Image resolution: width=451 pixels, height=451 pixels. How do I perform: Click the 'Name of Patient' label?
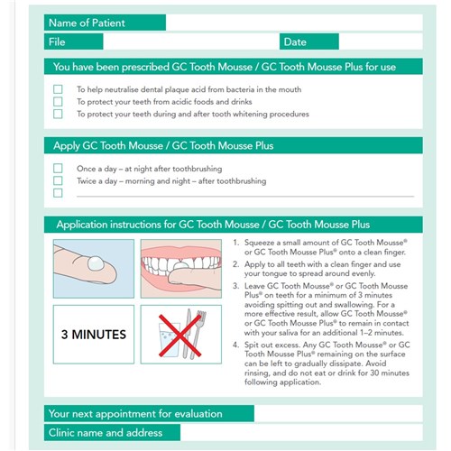click(87, 23)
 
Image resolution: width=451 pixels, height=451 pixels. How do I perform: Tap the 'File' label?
click(57, 41)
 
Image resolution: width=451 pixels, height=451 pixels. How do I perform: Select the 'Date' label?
click(295, 41)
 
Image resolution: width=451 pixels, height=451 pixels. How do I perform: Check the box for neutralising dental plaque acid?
click(58, 89)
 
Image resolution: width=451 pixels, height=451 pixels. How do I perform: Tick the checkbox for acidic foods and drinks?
click(58, 102)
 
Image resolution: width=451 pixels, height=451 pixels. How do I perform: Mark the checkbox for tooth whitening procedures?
click(58, 115)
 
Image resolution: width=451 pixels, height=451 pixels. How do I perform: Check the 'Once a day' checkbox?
click(58, 169)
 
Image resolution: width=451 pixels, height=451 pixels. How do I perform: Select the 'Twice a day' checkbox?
click(58, 180)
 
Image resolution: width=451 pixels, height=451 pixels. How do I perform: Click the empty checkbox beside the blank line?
click(58, 193)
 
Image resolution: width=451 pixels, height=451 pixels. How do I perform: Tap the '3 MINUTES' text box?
click(93, 334)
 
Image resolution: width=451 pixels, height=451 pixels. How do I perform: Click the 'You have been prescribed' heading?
click(224, 67)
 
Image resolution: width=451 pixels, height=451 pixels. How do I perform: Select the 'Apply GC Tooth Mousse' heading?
click(162, 145)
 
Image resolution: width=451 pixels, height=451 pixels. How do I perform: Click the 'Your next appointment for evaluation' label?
click(135, 414)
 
